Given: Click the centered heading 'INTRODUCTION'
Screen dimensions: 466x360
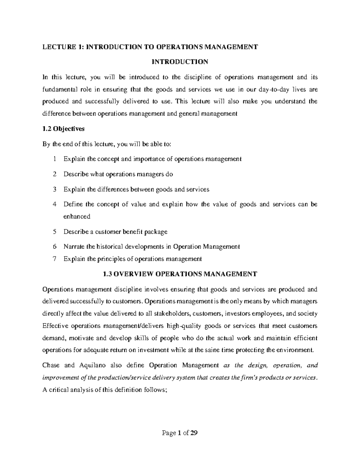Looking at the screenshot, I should [180, 62].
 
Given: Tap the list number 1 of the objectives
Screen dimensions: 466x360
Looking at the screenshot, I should [54, 159].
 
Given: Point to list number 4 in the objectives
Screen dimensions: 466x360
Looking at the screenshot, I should [54, 204].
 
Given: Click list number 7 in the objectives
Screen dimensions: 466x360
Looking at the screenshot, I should [54, 259].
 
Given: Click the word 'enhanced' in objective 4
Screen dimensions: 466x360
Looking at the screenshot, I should [77, 216].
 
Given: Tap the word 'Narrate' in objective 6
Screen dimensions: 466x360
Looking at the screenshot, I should [74, 247].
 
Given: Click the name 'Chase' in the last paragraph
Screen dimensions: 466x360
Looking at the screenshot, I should [51, 365].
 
